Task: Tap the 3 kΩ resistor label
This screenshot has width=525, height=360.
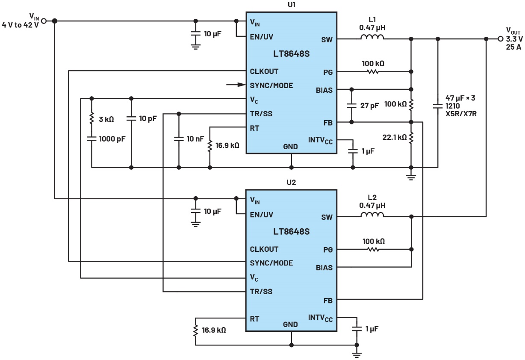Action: click(x=106, y=119)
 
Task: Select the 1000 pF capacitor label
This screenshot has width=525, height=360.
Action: click(x=112, y=139)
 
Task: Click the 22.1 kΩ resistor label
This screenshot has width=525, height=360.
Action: click(x=394, y=137)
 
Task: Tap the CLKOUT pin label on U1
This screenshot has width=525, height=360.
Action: click(x=264, y=71)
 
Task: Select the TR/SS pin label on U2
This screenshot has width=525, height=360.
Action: click(x=261, y=292)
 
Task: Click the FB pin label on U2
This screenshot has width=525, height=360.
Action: click(x=327, y=301)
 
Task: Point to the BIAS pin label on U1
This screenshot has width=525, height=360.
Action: click(x=324, y=90)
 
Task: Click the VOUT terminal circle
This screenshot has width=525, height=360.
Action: click(x=501, y=39)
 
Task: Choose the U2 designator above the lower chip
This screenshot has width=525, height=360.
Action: click(x=291, y=182)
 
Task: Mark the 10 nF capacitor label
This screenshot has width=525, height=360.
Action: click(x=197, y=139)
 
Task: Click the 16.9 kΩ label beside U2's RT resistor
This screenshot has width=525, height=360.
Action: click(x=214, y=330)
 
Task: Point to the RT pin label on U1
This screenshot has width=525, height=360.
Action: click(x=254, y=128)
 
